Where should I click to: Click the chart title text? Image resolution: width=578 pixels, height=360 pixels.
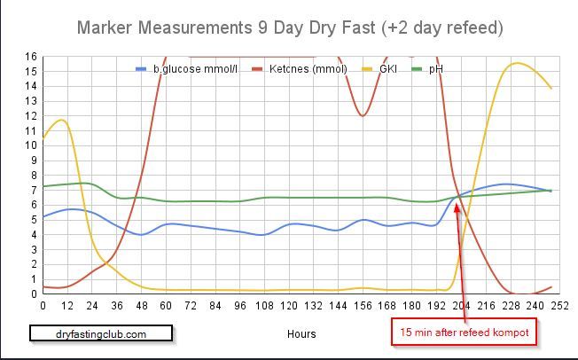pyautogui.click(x=290, y=27)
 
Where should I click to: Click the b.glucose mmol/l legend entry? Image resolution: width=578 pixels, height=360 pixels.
pyautogui.click(x=191, y=68)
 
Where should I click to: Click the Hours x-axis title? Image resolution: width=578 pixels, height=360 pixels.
pyautogui.click(x=301, y=334)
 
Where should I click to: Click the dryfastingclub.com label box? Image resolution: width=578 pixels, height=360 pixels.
pyautogui.click(x=100, y=333)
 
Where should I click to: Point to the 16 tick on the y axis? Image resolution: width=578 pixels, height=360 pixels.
pyautogui.click(x=31, y=57)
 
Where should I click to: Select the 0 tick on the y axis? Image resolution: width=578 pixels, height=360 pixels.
pyautogui.click(x=34, y=293)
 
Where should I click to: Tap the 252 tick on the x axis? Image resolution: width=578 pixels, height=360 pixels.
pyautogui.click(x=559, y=305)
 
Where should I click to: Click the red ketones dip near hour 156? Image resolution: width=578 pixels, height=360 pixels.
pyautogui.click(x=362, y=115)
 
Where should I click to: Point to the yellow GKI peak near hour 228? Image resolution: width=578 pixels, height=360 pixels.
pyautogui.click(x=517, y=63)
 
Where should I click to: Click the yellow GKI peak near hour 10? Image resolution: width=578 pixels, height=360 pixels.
pyautogui.click(x=60, y=120)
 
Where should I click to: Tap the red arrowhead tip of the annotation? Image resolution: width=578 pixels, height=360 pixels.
pyautogui.click(x=457, y=201)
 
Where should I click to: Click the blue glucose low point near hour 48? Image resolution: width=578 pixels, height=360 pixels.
pyautogui.click(x=141, y=234)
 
